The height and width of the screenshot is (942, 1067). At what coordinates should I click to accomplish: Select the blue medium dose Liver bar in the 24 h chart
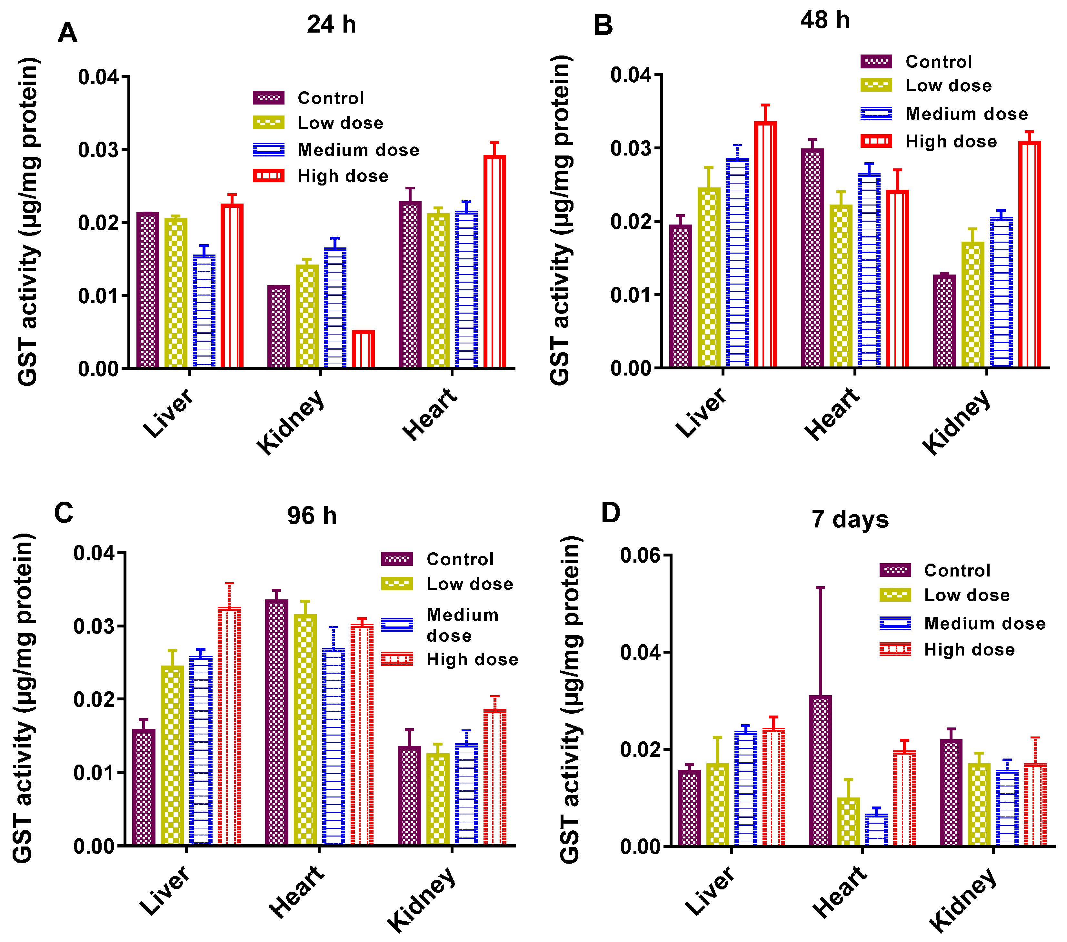pos(204,311)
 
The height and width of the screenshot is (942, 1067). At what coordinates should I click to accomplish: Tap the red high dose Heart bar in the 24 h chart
pos(494,262)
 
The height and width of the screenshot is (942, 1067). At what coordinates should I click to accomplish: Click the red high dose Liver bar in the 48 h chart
pos(765,245)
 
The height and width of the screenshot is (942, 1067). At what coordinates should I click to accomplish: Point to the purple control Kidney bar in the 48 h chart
pos(944,321)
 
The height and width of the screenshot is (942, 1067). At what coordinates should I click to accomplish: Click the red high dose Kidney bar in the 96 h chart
pos(494,777)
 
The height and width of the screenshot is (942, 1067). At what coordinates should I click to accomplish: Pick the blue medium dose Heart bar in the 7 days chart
pos(876,830)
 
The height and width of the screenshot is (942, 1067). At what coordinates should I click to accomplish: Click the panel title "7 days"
pos(850,520)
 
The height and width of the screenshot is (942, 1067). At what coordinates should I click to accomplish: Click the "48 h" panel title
pos(825,20)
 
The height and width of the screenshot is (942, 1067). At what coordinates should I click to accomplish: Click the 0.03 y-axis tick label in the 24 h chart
pos(99,150)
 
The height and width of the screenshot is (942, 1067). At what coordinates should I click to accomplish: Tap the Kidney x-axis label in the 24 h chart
pos(291,422)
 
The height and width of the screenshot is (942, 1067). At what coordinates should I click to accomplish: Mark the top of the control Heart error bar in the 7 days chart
pos(820,587)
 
